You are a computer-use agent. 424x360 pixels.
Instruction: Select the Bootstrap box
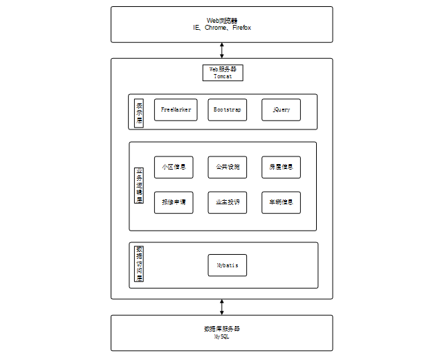pos(228,110)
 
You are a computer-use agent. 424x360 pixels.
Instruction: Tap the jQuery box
pos(282,110)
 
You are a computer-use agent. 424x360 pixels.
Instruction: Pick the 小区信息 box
pos(174,168)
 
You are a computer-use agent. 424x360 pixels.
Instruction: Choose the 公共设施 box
pos(228,168)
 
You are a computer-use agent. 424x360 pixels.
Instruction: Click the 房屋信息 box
pos(282,168)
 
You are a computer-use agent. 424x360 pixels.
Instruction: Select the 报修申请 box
pos(174,202)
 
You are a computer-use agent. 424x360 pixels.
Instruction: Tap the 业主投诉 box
pos(228,202)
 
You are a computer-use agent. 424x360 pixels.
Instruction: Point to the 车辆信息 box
pos(282,202)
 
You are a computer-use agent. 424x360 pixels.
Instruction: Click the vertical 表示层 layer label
pos(139,112)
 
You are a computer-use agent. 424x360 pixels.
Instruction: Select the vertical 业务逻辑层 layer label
pos(139,185)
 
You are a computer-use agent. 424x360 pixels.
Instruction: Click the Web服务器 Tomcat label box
pos(223,73)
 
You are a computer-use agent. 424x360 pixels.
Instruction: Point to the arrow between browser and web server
pos(222,51)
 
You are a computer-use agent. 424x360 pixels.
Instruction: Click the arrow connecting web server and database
pos(222,307)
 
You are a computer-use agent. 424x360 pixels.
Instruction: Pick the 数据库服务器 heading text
pos(222,328)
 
